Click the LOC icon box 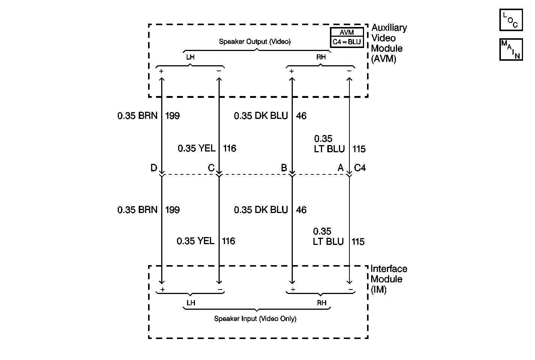click(x=511, y=20)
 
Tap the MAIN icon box click(x=511, y=49)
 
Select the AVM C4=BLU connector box click(x=347, y=37)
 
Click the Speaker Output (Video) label click(x=255, y=42)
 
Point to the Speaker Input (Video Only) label click(x=255, y=319)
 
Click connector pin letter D click(x=154, y=168)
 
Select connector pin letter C click(x=211, y=168)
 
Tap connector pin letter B click(x=284, y=168)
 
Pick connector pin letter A click(x=340, y=168)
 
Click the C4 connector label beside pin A click(x=360, y=168)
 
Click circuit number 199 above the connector click(x=172, y=116)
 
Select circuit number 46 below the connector click(x=301, y=210)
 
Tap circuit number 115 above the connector click(x=359, y=149)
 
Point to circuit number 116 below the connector click(x=229, y=241)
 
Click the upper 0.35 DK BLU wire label click(x=261, y=116)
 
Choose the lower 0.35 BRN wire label click(x=137, y=210)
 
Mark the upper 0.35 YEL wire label click(x=196, y=148)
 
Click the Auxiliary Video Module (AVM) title click(x=389, y=43)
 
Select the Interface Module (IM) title click(x=388, y=279)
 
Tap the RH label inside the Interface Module click(x=321, y=303)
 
